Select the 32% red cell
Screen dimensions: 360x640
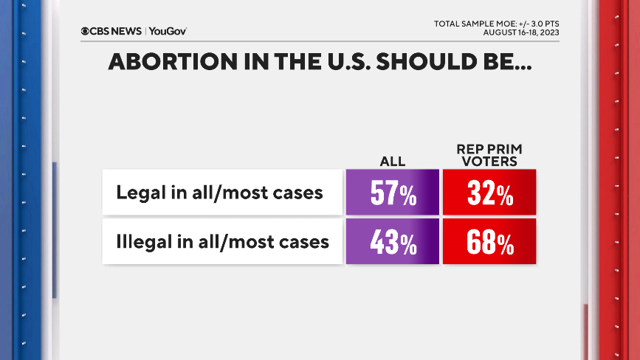(x=489, y=193)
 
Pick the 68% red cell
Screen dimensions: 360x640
(x=489, y=241)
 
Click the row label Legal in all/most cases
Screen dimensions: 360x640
(x=219, y=193)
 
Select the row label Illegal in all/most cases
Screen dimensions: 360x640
(x=222, y=241)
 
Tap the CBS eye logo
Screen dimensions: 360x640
(x=86, y=31)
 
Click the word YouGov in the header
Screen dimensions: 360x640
(x=168, y=31)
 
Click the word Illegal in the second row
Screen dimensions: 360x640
(x=141, y=241)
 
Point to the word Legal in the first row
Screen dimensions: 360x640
(x=137, y=193)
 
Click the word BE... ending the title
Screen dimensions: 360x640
(x=506, y=62)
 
